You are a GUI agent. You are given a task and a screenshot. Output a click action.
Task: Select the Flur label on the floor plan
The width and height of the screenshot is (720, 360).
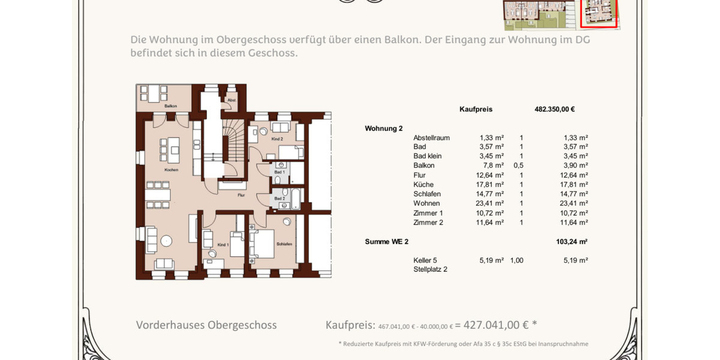click(241, 195)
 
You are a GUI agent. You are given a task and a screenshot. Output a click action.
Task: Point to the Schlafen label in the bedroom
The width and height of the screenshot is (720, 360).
click(284, 244)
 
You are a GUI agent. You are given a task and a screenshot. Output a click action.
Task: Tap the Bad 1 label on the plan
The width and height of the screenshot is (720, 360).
click(280, 172)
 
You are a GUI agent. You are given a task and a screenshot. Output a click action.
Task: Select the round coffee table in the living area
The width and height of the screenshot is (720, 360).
click(166, 241)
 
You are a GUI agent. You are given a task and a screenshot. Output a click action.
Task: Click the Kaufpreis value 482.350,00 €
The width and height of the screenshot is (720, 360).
click(554, 109)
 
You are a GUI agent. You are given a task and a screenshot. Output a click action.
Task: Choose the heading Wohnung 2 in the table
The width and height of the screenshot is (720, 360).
click(383, 128)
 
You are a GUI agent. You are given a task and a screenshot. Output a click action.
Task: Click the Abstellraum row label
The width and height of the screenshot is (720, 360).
click(431, 138)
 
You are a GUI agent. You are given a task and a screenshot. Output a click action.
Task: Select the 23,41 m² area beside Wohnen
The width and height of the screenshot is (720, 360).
click(491, 203)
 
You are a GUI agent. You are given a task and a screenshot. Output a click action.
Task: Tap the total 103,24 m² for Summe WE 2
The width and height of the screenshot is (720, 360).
click(571, 242)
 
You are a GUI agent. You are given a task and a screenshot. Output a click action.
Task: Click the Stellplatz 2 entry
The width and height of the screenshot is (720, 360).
click(430, 269)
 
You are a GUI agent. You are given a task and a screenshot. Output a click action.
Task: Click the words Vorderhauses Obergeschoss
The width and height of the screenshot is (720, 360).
click(206, 325)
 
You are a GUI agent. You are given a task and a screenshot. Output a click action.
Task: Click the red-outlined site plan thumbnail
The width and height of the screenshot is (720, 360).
click(598, 13)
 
